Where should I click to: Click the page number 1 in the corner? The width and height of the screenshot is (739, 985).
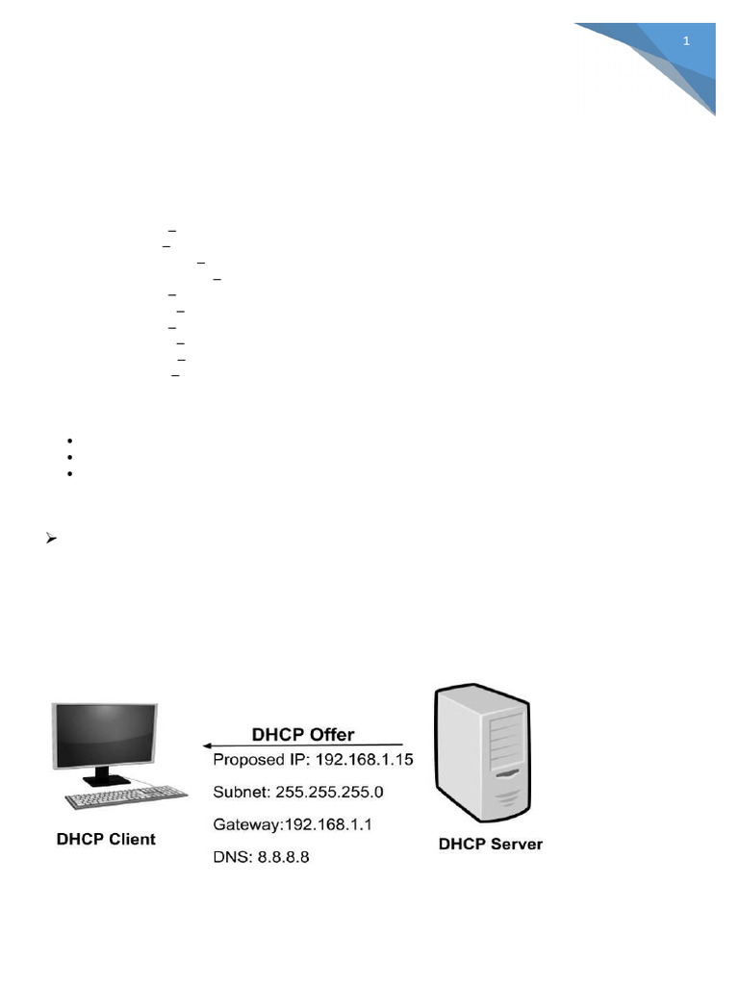coord(686,41)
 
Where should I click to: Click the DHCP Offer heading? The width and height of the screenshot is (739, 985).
coord(303,734)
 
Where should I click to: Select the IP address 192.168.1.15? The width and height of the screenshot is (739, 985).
coord(364,760)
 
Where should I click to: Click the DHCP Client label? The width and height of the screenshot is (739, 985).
coord(106,839)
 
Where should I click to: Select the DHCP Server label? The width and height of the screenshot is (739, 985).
coord(491,844)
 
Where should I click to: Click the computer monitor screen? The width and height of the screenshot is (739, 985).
coord(106,734)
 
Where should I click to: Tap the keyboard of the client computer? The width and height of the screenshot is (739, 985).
coord(126,796)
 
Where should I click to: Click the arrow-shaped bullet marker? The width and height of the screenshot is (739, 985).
coord(52,539)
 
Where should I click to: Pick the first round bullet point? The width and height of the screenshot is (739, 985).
coord(72,441)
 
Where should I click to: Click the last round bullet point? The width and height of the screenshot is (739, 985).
coord(72,474)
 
